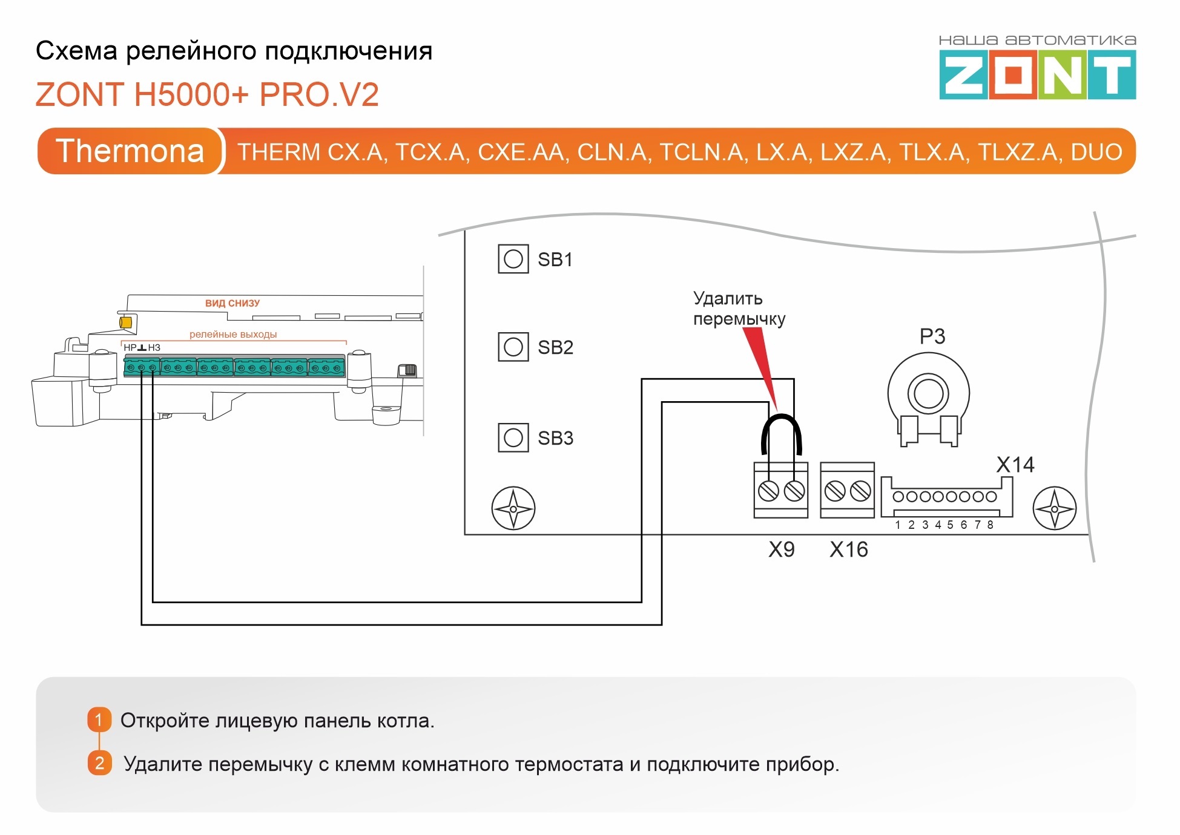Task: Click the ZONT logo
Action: [x=1037, y=74]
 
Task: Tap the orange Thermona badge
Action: [x=130, y=151]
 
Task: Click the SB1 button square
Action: [x=513, y=259]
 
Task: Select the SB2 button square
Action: [x=513, y=347]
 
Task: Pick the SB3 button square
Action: [x=513, y=437]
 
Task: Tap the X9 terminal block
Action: [x=780, y=490]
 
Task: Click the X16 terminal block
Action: [x=847, y=490]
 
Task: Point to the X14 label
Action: [x=1015, y=465]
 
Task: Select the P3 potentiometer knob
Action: [x=928, y=394]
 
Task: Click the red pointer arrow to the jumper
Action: [x=760, y=363]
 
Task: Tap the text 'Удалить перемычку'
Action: [x=739, y=309]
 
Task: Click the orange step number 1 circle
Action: [x=99, y=719]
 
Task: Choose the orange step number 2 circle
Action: [x=99, y=763]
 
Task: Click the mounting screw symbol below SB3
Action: [x=513, y=508]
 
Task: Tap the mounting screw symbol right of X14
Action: [x=1054, y=508]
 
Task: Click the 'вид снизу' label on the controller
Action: [x=232, y=303]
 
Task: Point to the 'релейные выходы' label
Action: [x=233, y=334]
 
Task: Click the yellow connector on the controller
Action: [x=126, y=323]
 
